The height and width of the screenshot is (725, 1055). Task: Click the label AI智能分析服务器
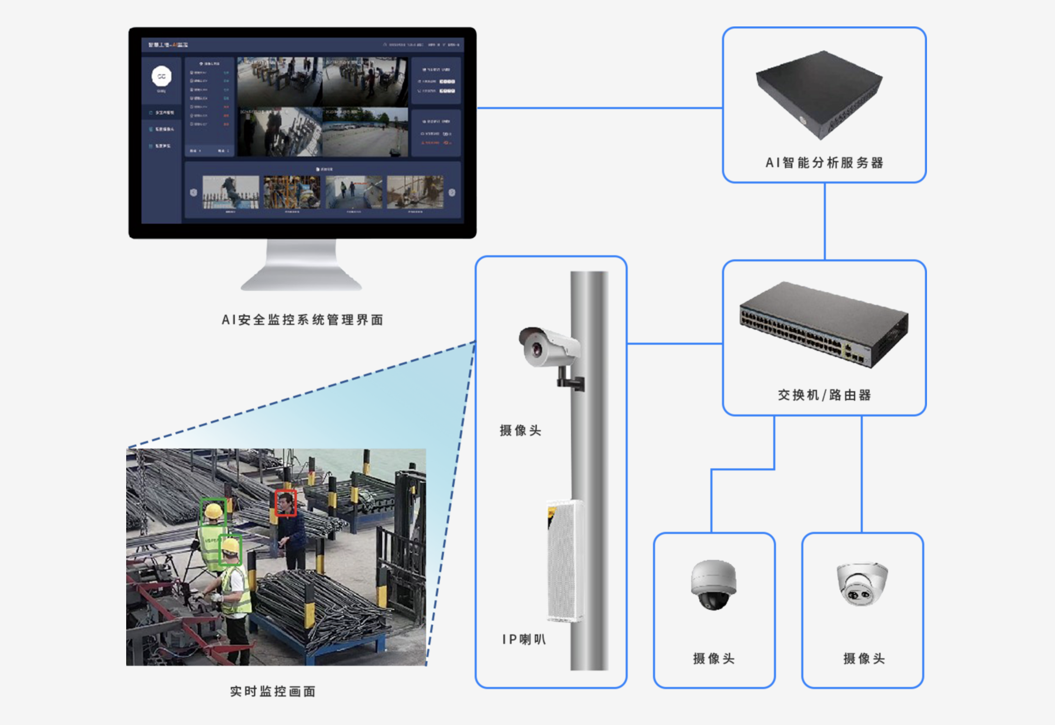coord(824,163)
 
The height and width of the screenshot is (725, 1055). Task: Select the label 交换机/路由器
coord(824,395)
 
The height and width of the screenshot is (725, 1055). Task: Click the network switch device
coord(824,324)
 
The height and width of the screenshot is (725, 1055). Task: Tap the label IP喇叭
coord(524,639)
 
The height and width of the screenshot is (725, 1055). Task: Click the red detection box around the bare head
coord(286,503)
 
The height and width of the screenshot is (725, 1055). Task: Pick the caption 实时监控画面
coord(272,691)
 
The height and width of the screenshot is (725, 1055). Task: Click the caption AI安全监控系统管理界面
coord(302,320)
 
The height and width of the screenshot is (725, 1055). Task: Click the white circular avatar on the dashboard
coord(161,76)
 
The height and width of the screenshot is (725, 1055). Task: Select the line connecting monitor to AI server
coord(599,108)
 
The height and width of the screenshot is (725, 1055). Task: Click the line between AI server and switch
coord(825,221)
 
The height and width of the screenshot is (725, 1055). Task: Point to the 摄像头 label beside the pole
coord(520,430)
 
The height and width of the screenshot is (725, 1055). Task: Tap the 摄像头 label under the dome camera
coord(713,659)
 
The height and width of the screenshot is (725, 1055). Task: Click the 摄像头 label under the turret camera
coord(864,659)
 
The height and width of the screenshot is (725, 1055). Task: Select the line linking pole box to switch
coord(675,343)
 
